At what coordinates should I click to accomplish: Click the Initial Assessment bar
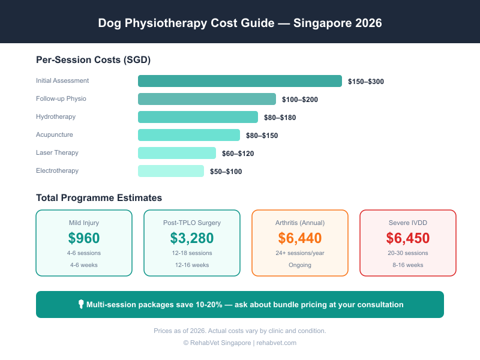[x=240, y=81]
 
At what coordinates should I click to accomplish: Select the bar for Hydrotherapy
[x=198, y=117]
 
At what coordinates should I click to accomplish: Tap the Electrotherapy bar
[x=171, y=171]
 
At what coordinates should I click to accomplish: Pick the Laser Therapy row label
[x=57, y=153]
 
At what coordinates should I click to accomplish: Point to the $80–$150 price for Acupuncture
[x=262, y=136]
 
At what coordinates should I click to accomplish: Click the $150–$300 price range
[x=365, y=82]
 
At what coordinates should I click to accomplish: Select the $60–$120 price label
[x=238, y=154]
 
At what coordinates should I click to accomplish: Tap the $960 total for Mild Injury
[x=84, y=238]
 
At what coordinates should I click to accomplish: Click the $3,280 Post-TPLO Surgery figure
[x=192, y=238]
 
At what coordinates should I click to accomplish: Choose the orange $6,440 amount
[x=300, y=238]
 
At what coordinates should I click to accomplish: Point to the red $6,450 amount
[x=408, y=238]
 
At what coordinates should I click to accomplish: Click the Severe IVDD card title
[x=408, y=223]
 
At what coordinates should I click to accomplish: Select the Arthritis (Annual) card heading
[x=300, y=223]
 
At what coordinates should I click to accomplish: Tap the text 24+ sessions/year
[x=300, y=253]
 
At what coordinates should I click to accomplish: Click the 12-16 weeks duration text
[x=192, y=265]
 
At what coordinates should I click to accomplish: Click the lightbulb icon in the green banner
[x=81, y=304]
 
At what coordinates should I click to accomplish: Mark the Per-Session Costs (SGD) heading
[x=93, y=60]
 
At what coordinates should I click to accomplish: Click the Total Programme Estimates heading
[x=99, y=197]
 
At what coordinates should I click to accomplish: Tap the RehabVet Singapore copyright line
[x=240, y=343]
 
